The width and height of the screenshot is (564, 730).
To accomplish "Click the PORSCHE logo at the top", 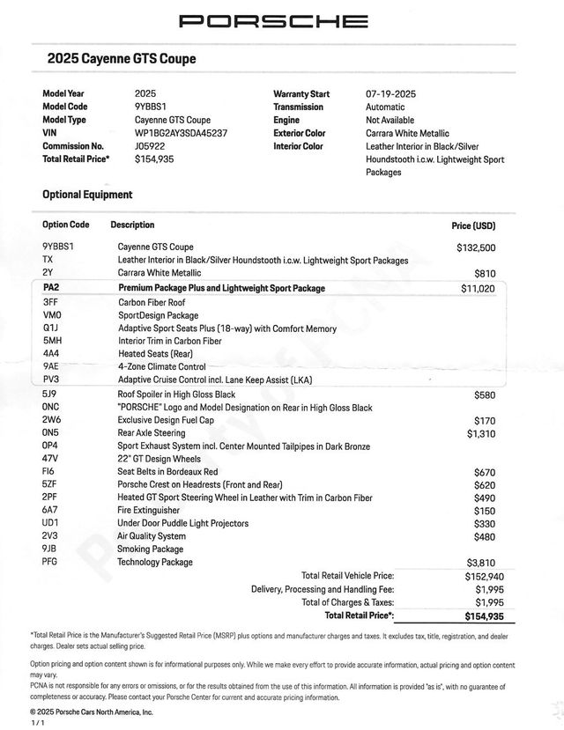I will point(274,20).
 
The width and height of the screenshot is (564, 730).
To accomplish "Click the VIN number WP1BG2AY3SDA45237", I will point(181,133).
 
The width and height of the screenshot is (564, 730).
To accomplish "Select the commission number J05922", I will point(150,146).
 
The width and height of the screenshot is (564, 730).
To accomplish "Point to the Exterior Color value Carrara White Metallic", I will point(407,133).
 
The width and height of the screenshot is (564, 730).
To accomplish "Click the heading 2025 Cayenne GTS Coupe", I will point(121,59).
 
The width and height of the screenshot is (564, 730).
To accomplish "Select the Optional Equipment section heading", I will point(87,195).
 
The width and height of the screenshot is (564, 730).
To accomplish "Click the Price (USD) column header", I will point(473,226).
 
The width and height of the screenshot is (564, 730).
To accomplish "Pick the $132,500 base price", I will point(476,247).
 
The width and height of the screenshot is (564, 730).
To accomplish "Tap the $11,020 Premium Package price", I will point(478,288).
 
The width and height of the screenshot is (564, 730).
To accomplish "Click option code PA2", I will point(50,288).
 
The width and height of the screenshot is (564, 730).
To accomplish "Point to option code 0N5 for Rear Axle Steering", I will point(51,433).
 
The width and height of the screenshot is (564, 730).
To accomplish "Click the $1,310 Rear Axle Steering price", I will point(481,433).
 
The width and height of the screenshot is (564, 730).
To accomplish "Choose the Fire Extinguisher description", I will point(149,510).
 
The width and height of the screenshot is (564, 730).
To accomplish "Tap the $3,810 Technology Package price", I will point(480,562).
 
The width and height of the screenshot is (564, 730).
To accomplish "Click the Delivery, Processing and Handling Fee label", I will point(323,589).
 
